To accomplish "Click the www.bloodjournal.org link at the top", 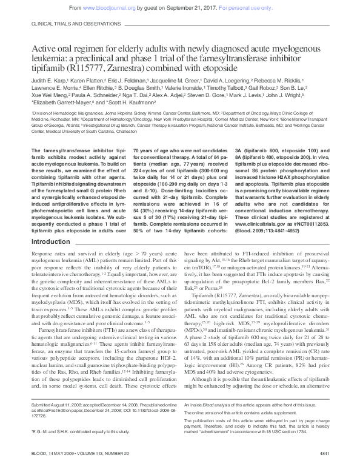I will (108, 7).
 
